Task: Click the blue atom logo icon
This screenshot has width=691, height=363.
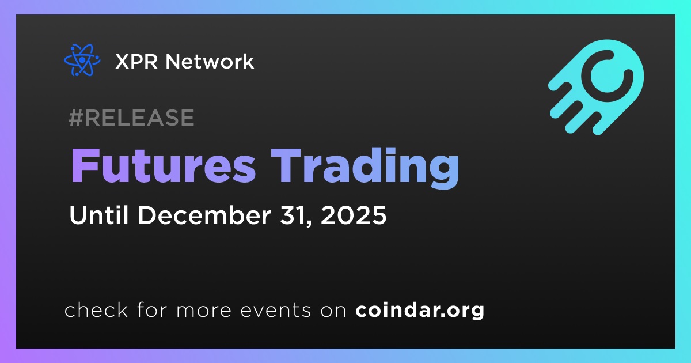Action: (x=82, y=60)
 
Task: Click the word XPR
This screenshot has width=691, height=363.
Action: (x=136, y=62)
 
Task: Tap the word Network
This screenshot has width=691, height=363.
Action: (x=210, y=61)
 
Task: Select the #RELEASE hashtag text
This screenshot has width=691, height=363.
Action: (x=131, y=118)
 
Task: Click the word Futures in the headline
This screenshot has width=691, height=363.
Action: (x=164, y=166)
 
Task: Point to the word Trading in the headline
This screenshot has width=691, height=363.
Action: (x=365, y=168)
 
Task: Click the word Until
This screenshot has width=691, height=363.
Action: (x=98, y=215)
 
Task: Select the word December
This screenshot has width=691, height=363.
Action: (x=204, y=215)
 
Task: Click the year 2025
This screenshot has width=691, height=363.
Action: (x=354, y=215)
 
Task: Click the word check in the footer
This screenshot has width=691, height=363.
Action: (x=96, y=309)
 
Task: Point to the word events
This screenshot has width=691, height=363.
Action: (x=275, y=311)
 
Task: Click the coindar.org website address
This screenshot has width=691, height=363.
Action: (x=420, y=310)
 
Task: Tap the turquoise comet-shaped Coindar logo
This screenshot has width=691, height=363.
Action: (x=596, y=87)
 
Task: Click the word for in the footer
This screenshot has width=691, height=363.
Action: (x=152, y=309)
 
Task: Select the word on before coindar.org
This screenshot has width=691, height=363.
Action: (x=333, y=311)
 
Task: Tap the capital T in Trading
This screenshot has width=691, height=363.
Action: (x=286, y=166)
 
